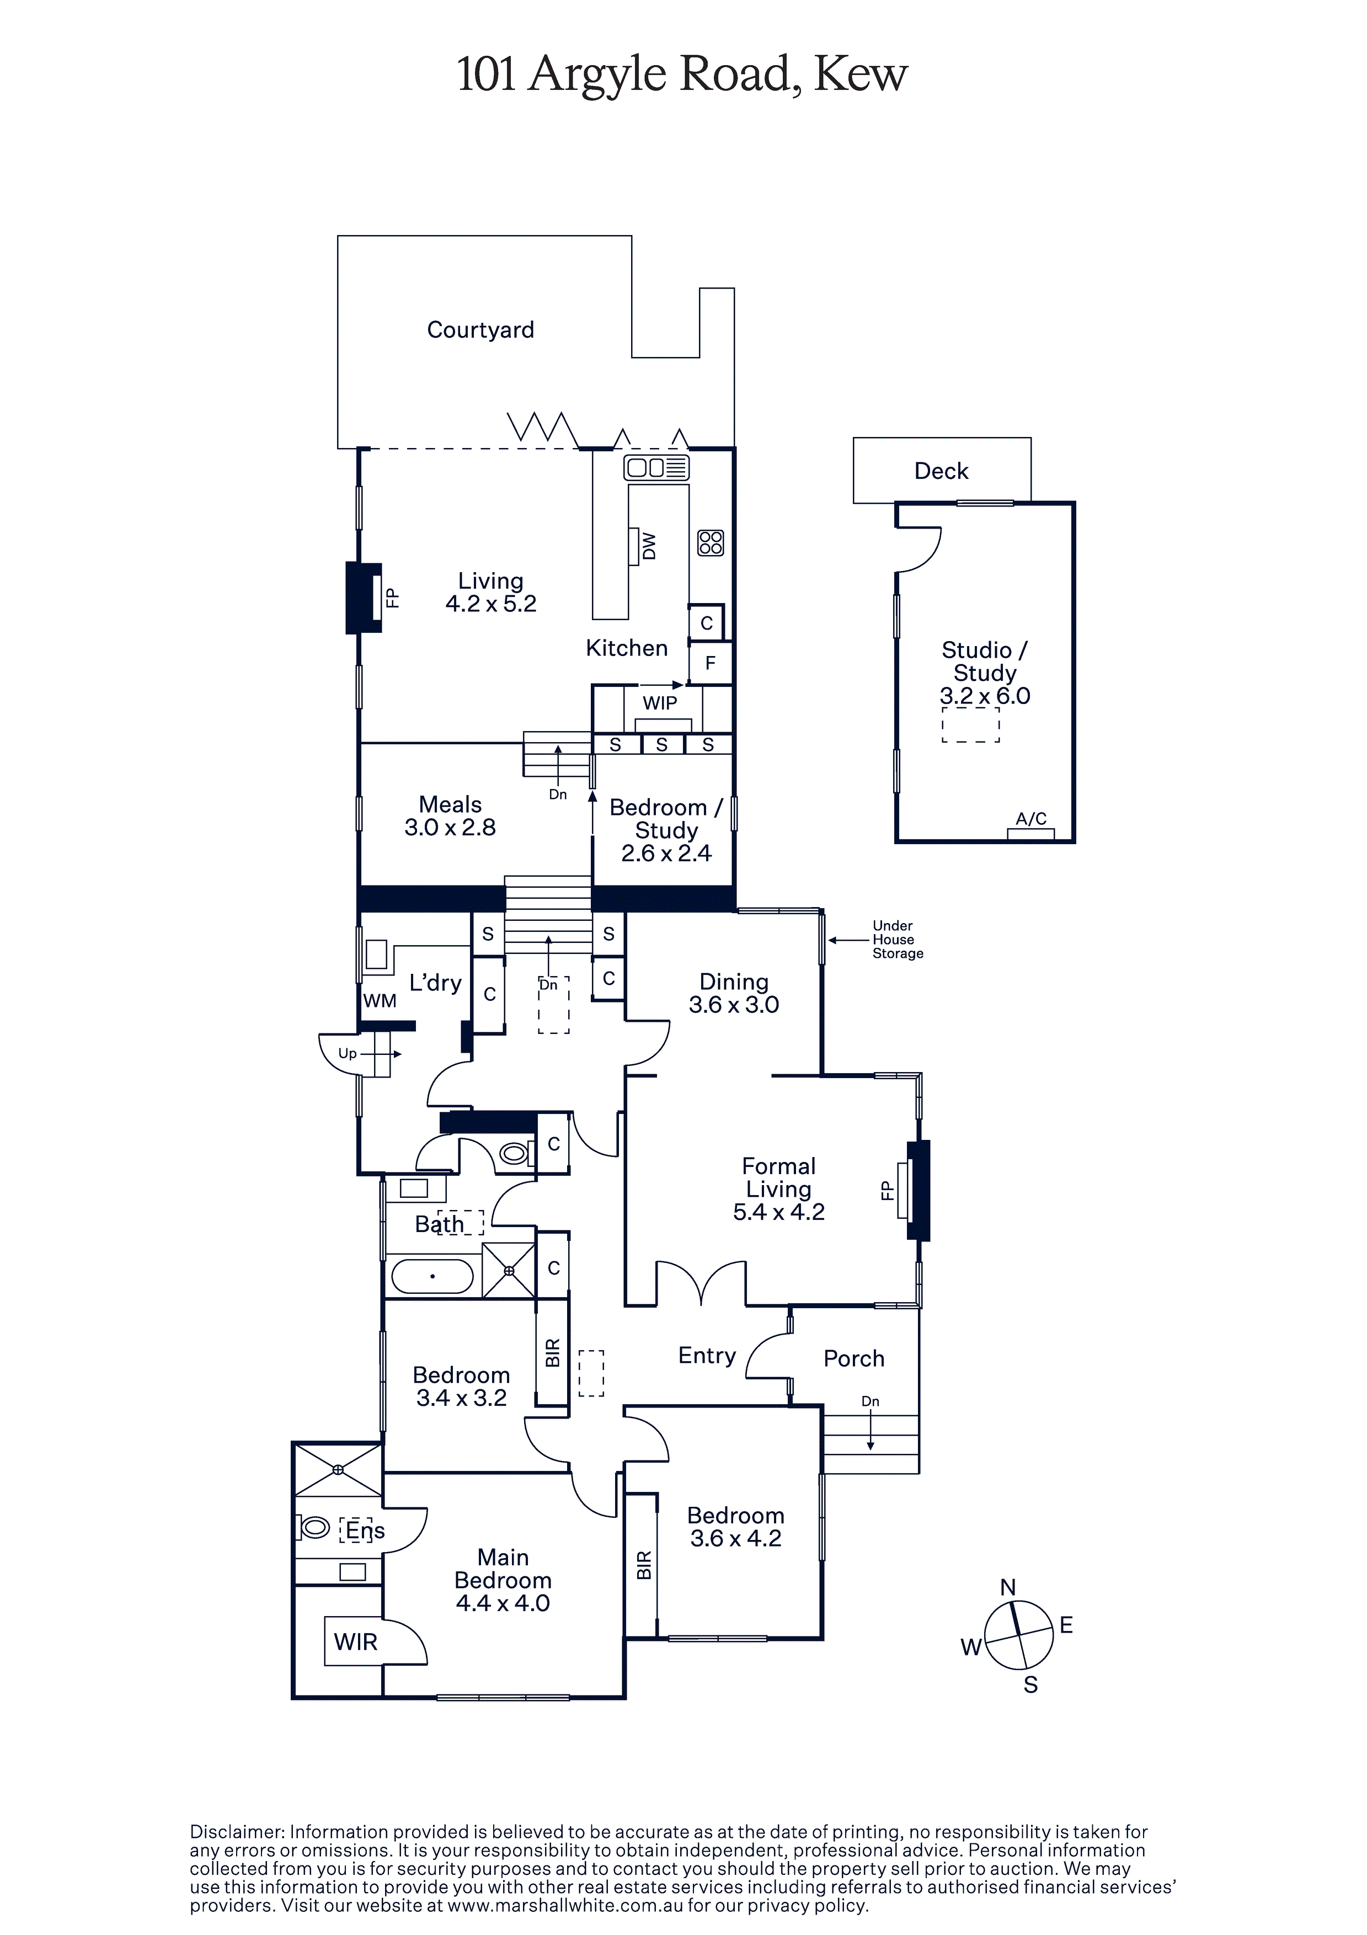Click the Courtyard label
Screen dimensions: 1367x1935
pyautogui.click(x=480, y=329)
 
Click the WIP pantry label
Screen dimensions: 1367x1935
pyautogui.click(x=660, y=703)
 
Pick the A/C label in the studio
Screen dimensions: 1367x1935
pyautogui.click(x=1030, y=818)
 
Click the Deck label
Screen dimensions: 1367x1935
pyautogui.click(x=941, y=471)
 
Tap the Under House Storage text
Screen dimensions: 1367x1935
pyautogui.click(x=898, y=939)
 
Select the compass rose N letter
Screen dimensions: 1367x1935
pyautogui.click(x=1008, y=1588)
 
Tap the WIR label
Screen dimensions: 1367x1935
pyautogui.click(x=356, y=1641)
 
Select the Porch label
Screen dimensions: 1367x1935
pyautogui.click(x=854, y=1358)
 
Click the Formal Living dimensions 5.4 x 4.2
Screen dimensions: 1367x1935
pyautogui.click(x=779, y=1212)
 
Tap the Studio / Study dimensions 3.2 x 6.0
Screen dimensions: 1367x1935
pyautogui.click(x=985, y=696)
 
